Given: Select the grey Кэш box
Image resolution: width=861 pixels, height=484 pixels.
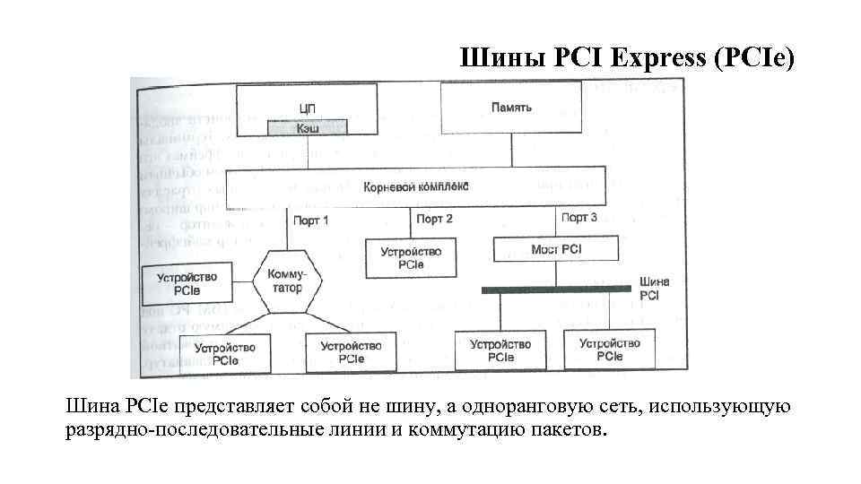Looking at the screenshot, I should pos(307,128).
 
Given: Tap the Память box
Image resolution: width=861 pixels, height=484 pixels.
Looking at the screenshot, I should pos(511,108).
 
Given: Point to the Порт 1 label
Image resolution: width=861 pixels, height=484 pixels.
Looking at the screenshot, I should pos(310,219).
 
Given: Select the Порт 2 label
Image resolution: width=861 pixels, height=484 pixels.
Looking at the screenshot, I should pos(434,219).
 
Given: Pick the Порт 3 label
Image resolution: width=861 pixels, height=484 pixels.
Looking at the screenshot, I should pos(578,218).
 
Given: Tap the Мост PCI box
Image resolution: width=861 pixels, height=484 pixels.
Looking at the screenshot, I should pos(556,248).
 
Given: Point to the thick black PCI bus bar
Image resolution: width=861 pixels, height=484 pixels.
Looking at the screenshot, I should pos(557,290).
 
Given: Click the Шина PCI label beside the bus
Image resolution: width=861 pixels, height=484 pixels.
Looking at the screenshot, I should pos(653,288).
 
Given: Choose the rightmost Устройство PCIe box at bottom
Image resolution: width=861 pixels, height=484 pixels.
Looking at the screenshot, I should pos(609,350).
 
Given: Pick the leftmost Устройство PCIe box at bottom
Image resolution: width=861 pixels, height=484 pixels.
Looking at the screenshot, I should pos(225,353).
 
